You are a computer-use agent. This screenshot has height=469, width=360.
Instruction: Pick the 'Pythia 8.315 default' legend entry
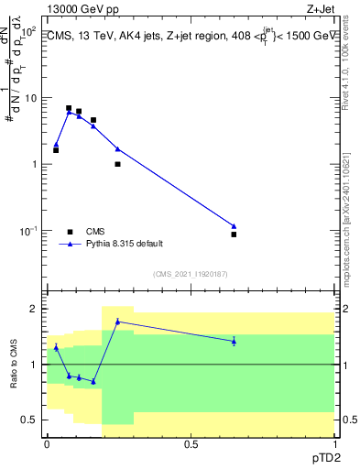point(124,245)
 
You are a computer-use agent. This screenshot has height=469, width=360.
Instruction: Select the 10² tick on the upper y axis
point(27,30)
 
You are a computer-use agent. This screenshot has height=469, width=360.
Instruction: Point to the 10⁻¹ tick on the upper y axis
point(27,231)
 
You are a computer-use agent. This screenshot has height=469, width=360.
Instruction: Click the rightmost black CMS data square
point(234,234)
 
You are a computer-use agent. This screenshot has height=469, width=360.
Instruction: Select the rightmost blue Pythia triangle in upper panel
point(234,226)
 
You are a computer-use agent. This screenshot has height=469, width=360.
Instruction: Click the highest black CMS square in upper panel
point(69,108)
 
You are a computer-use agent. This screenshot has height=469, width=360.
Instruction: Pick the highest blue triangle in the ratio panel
point(117,322)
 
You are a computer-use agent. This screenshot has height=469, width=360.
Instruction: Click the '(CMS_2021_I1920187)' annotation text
point(191,273)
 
